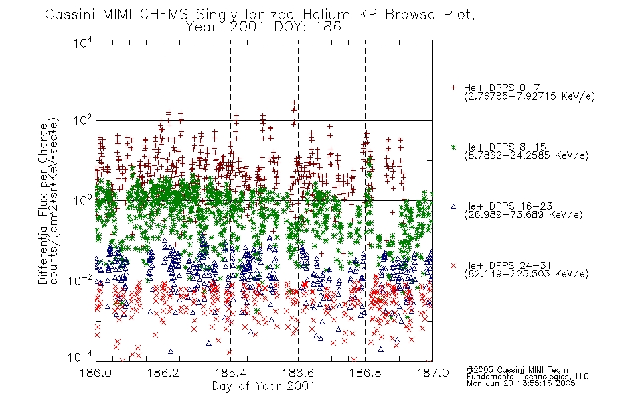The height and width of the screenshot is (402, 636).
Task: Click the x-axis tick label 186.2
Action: point(163,373)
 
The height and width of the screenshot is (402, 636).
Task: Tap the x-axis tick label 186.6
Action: point(298,373)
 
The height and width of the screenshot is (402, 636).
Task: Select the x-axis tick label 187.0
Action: point(432,373)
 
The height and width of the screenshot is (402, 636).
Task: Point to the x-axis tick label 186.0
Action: point(96,373)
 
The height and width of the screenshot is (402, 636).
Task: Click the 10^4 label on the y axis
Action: point(83,42)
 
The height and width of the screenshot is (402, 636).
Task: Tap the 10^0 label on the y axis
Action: point(83,200)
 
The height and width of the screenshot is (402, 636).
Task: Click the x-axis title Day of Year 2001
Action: point(264,386)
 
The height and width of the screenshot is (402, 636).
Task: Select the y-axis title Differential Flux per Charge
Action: point(43,204)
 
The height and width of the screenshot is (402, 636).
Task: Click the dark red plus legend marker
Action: point(453,88)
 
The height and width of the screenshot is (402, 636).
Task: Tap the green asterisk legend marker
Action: point(453,147)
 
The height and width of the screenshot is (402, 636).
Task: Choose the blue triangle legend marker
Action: point(453,206)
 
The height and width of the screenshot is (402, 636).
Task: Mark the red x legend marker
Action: point(453,265)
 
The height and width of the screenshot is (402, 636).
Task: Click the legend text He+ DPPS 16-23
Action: point(508,206)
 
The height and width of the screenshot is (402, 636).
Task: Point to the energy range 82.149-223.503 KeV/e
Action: point(526,274)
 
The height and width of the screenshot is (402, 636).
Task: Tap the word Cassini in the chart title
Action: point(70,15)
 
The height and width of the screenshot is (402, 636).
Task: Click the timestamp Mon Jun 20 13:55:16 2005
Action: point(521,383)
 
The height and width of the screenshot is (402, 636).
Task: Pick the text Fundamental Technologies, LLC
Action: point(528,377)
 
